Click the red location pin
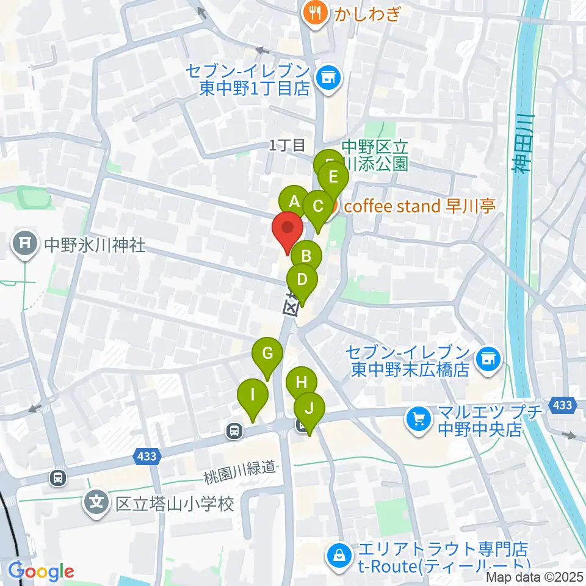[x=288, y=228]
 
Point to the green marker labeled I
[x=253, y=395]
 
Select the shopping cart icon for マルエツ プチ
[x=419, y=419]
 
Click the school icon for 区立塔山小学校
[x=96, y=502]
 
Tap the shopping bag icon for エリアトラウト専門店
[x=338, y=555]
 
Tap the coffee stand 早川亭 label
[x=419, y=206]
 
